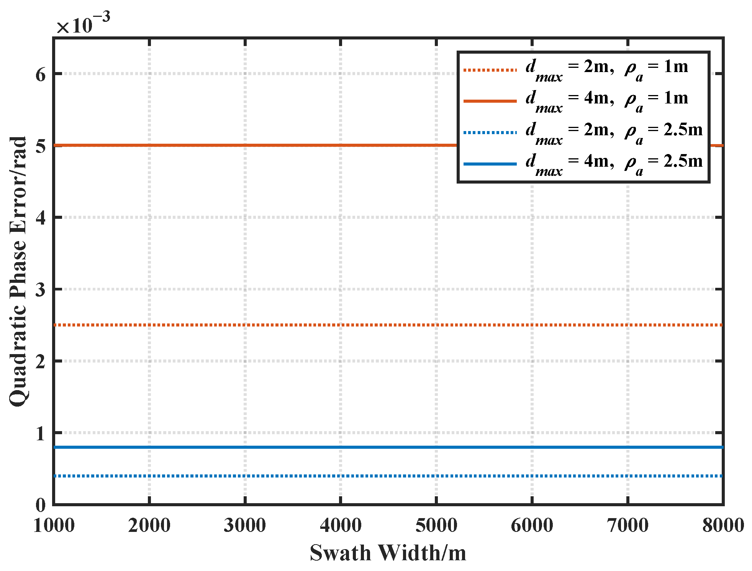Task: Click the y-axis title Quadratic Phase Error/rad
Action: click(x=18, y=271)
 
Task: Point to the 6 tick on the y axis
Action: click(x=41, y=74)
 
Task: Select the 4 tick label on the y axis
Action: click(x=41, y=218)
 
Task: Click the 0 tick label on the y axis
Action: click(x=41, y=505)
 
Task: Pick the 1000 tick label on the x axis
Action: click(x=54, y=525)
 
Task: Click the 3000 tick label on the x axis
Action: click(x=245, y=525)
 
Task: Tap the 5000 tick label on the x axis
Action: click(x=436, y=525)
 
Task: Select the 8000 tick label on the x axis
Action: click(x=723, y=525)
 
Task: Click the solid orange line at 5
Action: click(x=268, y=145)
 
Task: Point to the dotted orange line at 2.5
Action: click(x=268, y=325)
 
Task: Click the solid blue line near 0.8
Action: click(x=268, y=447)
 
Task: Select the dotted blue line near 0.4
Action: click(x=268, y=476)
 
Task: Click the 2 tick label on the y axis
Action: click(x=41, y=361)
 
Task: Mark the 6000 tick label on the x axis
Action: click(x=532, y=525)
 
